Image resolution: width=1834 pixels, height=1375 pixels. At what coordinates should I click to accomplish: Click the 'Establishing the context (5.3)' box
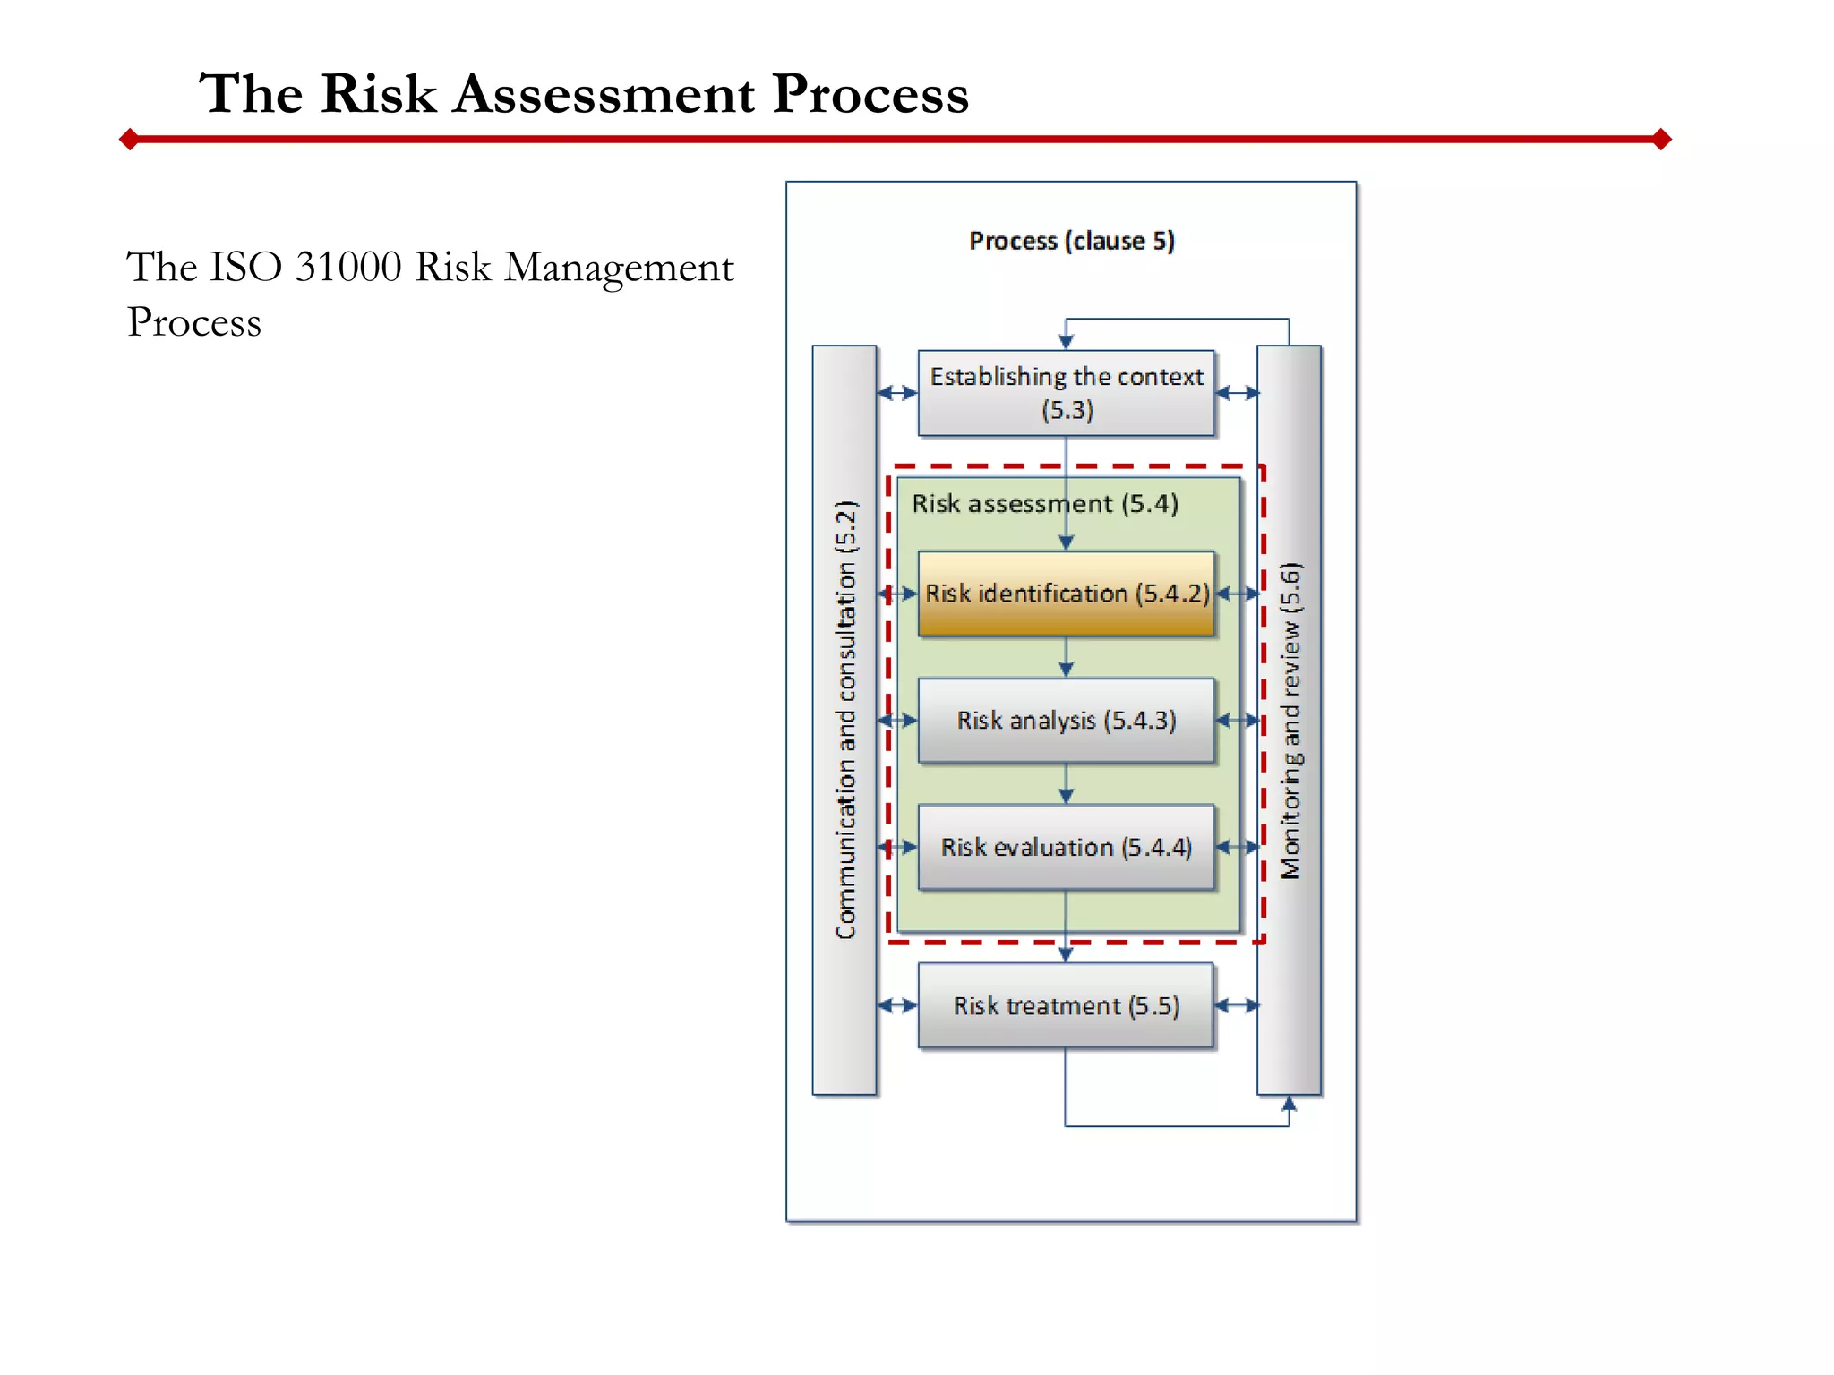pyautogui.click(x=1066, y=393)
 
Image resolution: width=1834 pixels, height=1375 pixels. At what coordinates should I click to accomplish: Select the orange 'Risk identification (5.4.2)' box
pyautogui.click(x=1066, y=594)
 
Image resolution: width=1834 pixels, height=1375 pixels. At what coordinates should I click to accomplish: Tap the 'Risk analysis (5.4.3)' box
pyautogui.click(x=1066, y=721)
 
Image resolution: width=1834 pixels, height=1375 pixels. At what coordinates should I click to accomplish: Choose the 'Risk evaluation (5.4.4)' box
pyautogui.click(x=1066, y=847)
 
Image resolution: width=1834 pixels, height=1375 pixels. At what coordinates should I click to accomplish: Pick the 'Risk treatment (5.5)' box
pyautogui.click(x=1066, y=1005)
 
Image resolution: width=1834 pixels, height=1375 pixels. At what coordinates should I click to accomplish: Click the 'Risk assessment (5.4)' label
pyautogui.click(x=1044, y=503)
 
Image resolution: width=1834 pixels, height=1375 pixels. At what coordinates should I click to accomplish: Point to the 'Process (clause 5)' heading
pyautogui.click(x=1071, y=241)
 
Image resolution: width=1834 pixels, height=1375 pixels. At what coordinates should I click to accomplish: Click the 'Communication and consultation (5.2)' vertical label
pyautogui.click(x=845, y=720)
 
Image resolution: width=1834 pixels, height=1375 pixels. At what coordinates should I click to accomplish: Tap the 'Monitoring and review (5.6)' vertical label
pyautogui.click(x=1290, y=720)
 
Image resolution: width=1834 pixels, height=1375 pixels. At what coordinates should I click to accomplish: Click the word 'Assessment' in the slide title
pyautogui.click(x=604, y=93)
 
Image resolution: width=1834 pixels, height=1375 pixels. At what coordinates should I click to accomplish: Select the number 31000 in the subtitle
pyautogui.click(x=347, y=267)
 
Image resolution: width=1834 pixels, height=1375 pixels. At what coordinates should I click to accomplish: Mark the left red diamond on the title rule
pyautogui.click(x=130, y=139)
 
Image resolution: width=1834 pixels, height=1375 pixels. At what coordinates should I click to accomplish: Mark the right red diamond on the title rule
pyautogui.click(x=1662, y=139)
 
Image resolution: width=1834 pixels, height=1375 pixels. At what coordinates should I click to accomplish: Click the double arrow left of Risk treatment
pyautogui.click(x=897, y=1005)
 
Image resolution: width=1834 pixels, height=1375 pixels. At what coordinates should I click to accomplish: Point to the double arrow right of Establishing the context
pyautogui.click(x=1237, y=393)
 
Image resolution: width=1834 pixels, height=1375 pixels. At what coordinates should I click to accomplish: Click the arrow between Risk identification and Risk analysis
pyautogui.click(x=1066, y=659)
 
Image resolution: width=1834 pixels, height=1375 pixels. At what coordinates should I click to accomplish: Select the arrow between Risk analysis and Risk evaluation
pyautogui.click(x=1066, y=785)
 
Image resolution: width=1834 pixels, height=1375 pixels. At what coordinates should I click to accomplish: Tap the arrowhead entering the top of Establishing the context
pyautogui.click(x=1066, y=341)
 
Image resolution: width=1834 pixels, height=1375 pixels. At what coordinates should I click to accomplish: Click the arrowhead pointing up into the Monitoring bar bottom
pyautogui.click(x=1289, y=1104)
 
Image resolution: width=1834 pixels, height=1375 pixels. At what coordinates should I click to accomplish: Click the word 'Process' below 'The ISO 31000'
pyautogui.click(x=194, y=322)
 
